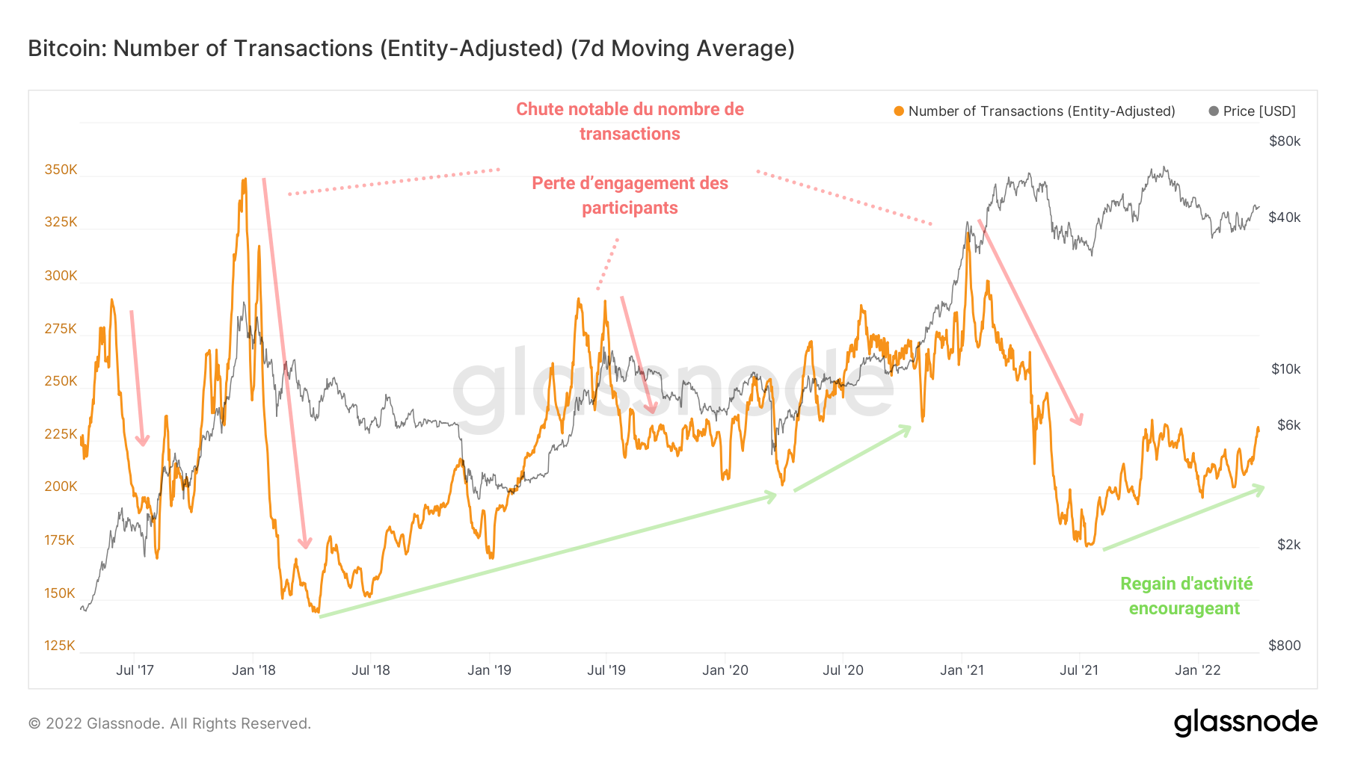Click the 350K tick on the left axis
(61, 170)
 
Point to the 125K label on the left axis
(60, 646)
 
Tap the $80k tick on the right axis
(1285, 141)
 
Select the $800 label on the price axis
(1285, 646)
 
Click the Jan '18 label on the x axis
(253, 670)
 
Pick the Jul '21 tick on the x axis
(1079, 670)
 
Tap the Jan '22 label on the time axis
(1197, 670)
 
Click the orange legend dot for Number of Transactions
(899, 111)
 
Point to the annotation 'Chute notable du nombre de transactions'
(630, 121)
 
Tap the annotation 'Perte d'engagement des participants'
(630, 195)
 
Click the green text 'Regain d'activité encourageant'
(1185, 596)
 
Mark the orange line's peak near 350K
(244, 180)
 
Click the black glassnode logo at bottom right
(1245, 723)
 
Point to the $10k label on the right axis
(1285, 369)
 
